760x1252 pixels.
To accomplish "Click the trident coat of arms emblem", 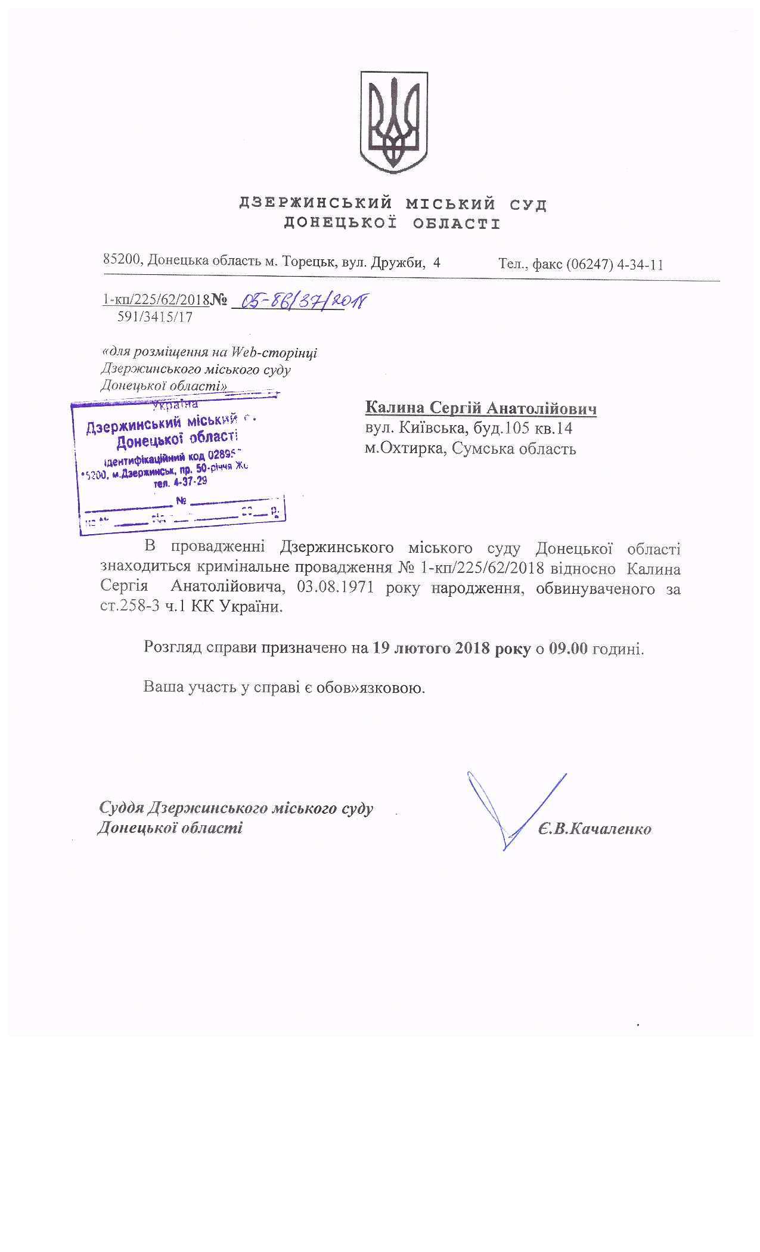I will (393, 122).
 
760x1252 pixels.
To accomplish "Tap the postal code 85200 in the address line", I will (122, 261).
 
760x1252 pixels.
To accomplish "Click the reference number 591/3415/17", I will (155, 317).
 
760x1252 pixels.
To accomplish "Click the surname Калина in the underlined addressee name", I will (393, 408).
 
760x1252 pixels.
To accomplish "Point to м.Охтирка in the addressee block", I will (405, 448).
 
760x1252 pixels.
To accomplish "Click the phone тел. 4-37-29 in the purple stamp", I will (180, 482).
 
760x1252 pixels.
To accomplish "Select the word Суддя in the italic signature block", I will (120, 808).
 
